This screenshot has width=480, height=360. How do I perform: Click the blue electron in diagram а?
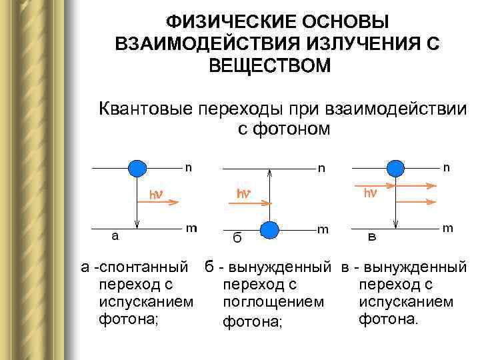pyautogui.click(x=137, y=167)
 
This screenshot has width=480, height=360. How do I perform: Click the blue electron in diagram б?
pyautogui.click(x=269, y=229)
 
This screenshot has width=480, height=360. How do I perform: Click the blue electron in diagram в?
pyautogui.click(x=396, y=168)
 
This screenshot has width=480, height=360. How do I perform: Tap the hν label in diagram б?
pyautogui.click(x=244, y=194)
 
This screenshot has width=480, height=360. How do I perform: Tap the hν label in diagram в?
pyautogui.click(x=370, y=194)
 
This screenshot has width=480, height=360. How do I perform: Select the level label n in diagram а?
pyautogui.click(x=189, y=167)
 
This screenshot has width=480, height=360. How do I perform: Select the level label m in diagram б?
pyautogui.click(x=323, y=229)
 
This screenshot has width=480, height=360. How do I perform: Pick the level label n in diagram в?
pyautogui.click(x=446, y=168)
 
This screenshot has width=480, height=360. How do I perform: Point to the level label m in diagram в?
pyautogui.click(x=447, y=228)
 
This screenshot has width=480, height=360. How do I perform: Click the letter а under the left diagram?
pyautogui.click(x=115, y=235)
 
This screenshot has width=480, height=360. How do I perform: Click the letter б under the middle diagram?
pyautogui.click(x=237, y=237)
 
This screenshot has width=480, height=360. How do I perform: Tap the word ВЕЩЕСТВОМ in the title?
pyautogui.click(x=269, y=66)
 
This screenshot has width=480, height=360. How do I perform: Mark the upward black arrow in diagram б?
pyautogui.click(x=269, y=193)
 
